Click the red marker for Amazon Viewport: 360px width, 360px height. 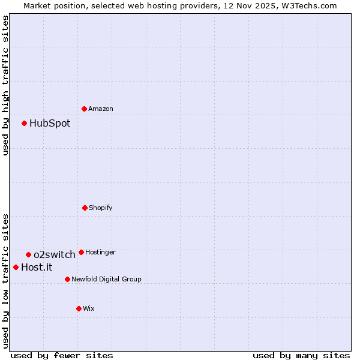[x=84, y=109]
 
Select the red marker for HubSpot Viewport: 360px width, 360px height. [x=25, y=123]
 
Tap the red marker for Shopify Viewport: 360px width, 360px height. [x=85, y=208]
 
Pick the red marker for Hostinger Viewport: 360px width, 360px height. [x=81, y=252]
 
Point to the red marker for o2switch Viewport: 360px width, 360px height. [x=28, y=254]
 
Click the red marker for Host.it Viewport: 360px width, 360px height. [x=16, y=267]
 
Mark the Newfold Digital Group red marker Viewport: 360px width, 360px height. [x=67, y=279]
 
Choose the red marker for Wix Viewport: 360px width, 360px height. [x=79, y=308]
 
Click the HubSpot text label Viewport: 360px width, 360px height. [x=50, y=124]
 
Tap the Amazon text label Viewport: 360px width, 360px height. [x=101, y=109]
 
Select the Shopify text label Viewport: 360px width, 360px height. [x=101, y=208]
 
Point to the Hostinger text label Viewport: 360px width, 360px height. [x=100, y=253]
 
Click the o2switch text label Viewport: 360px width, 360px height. [x=55, y=255]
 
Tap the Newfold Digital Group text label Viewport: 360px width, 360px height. [x=106, y=280]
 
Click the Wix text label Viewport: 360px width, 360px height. [x=89, y=309]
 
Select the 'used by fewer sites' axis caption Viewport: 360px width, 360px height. [x=62, y=355]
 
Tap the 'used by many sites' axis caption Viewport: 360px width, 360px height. [x=301, y=355]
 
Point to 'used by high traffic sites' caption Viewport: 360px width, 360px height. [x=5, y=85]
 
